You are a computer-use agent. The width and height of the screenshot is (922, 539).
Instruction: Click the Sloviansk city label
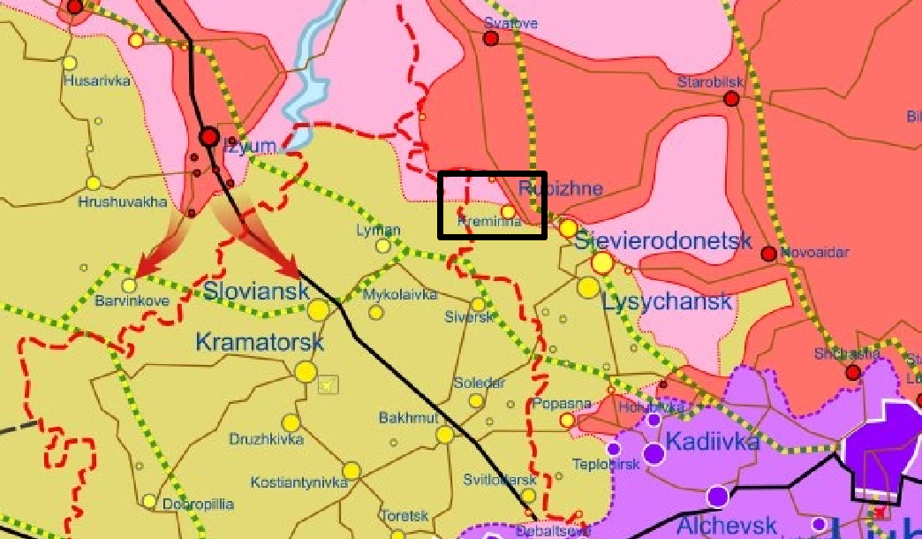[x=256, y=291]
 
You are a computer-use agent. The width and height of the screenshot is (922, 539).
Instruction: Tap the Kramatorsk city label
[x=259, y=341]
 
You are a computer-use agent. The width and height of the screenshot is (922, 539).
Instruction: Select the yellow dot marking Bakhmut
[x=444, y=435]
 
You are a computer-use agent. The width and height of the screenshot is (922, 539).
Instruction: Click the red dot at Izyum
[x=209, y=137]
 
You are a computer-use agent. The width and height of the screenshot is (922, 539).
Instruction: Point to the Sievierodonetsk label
[x=662, y=240]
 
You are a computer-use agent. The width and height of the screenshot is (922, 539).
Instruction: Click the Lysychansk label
[x=667, y=301]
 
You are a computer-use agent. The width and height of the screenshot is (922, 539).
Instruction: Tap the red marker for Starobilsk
[x=731, y=99]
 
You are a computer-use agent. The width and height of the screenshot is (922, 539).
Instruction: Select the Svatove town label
[x=510, y=24]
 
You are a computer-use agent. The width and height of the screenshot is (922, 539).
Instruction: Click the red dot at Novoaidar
[x=768, y=254]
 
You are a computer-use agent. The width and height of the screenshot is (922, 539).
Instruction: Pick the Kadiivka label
[x=712, y=441]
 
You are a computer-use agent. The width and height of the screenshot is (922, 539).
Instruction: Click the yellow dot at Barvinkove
[x=130, y=285]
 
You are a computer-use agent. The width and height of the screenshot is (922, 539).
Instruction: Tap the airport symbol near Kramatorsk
[x=329, y=384]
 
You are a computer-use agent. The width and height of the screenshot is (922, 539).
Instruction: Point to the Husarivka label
[x=97, y=80]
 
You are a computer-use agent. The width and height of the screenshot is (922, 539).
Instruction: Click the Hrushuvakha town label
[x=123, y=201]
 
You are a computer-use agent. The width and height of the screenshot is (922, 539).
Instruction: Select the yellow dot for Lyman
[x=383, y=246]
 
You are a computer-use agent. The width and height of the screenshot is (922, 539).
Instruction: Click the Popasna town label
[x=562, y=404]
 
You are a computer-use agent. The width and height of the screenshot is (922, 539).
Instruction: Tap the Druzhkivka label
[x=266, y=439]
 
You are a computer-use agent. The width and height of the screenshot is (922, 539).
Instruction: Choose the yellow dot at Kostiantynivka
[x=351, y=471]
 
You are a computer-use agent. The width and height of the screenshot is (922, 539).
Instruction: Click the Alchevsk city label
[x=726, y=525]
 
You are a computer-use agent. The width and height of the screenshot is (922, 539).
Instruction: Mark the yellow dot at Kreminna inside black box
[x=508, y=211]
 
